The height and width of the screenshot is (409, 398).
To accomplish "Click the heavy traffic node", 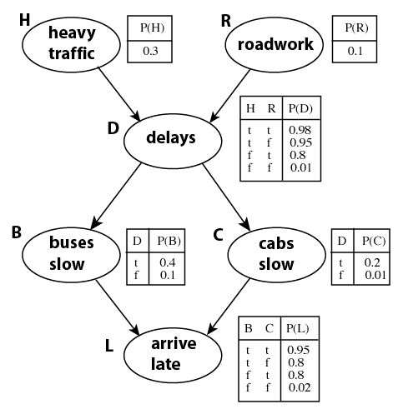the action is coord(71,44).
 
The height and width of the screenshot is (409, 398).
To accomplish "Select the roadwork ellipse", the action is coord(274,44).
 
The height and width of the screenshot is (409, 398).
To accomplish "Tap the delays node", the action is coord(173,141).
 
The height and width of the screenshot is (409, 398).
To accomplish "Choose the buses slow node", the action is coord(71,254).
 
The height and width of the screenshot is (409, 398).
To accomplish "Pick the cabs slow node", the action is coord(276,254).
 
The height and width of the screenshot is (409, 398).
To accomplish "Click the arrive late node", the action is coord(173,355).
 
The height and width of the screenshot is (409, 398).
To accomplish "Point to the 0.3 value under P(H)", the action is coord(150,51).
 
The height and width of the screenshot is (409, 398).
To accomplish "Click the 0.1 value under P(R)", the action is coord(355,51).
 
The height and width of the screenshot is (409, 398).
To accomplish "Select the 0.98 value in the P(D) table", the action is coord(300,130).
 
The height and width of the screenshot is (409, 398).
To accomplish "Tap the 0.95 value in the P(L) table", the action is coord(298,350).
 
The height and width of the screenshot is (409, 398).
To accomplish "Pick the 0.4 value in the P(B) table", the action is coord(168,262).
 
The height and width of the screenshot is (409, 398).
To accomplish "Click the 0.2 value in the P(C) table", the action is coord(372,262).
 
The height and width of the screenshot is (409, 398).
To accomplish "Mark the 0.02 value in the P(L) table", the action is coord(300,387).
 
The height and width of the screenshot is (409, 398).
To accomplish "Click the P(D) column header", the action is coord(300,108).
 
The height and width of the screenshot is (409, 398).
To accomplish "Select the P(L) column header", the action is coord(298,328).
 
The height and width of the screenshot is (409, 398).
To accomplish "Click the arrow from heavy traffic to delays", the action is coord(118,93).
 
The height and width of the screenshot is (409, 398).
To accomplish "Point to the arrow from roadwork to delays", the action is coord(230,95).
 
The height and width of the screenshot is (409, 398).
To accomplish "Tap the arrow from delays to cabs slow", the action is coord(226,197).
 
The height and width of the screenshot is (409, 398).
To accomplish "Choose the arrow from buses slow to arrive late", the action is coord(118,307).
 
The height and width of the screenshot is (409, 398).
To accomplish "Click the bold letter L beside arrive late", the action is coord(109,346).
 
